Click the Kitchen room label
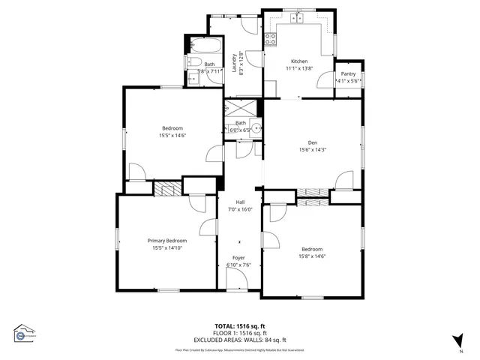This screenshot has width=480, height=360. pos(299,61)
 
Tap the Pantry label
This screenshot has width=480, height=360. pos(348,73)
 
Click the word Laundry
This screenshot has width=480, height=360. pos(234,61)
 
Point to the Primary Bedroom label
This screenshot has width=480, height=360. pos(166,241)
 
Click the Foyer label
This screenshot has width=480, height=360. pos(238,258)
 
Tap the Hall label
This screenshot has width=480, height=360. pos(240,202)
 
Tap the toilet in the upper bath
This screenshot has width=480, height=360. pos(192,63)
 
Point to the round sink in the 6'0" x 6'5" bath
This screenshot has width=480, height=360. pos(256,128)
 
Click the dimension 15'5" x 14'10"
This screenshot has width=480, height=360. pos(166,248)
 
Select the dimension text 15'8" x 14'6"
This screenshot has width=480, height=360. pos(312,256)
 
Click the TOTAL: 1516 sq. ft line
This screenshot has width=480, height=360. pos(240,326)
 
